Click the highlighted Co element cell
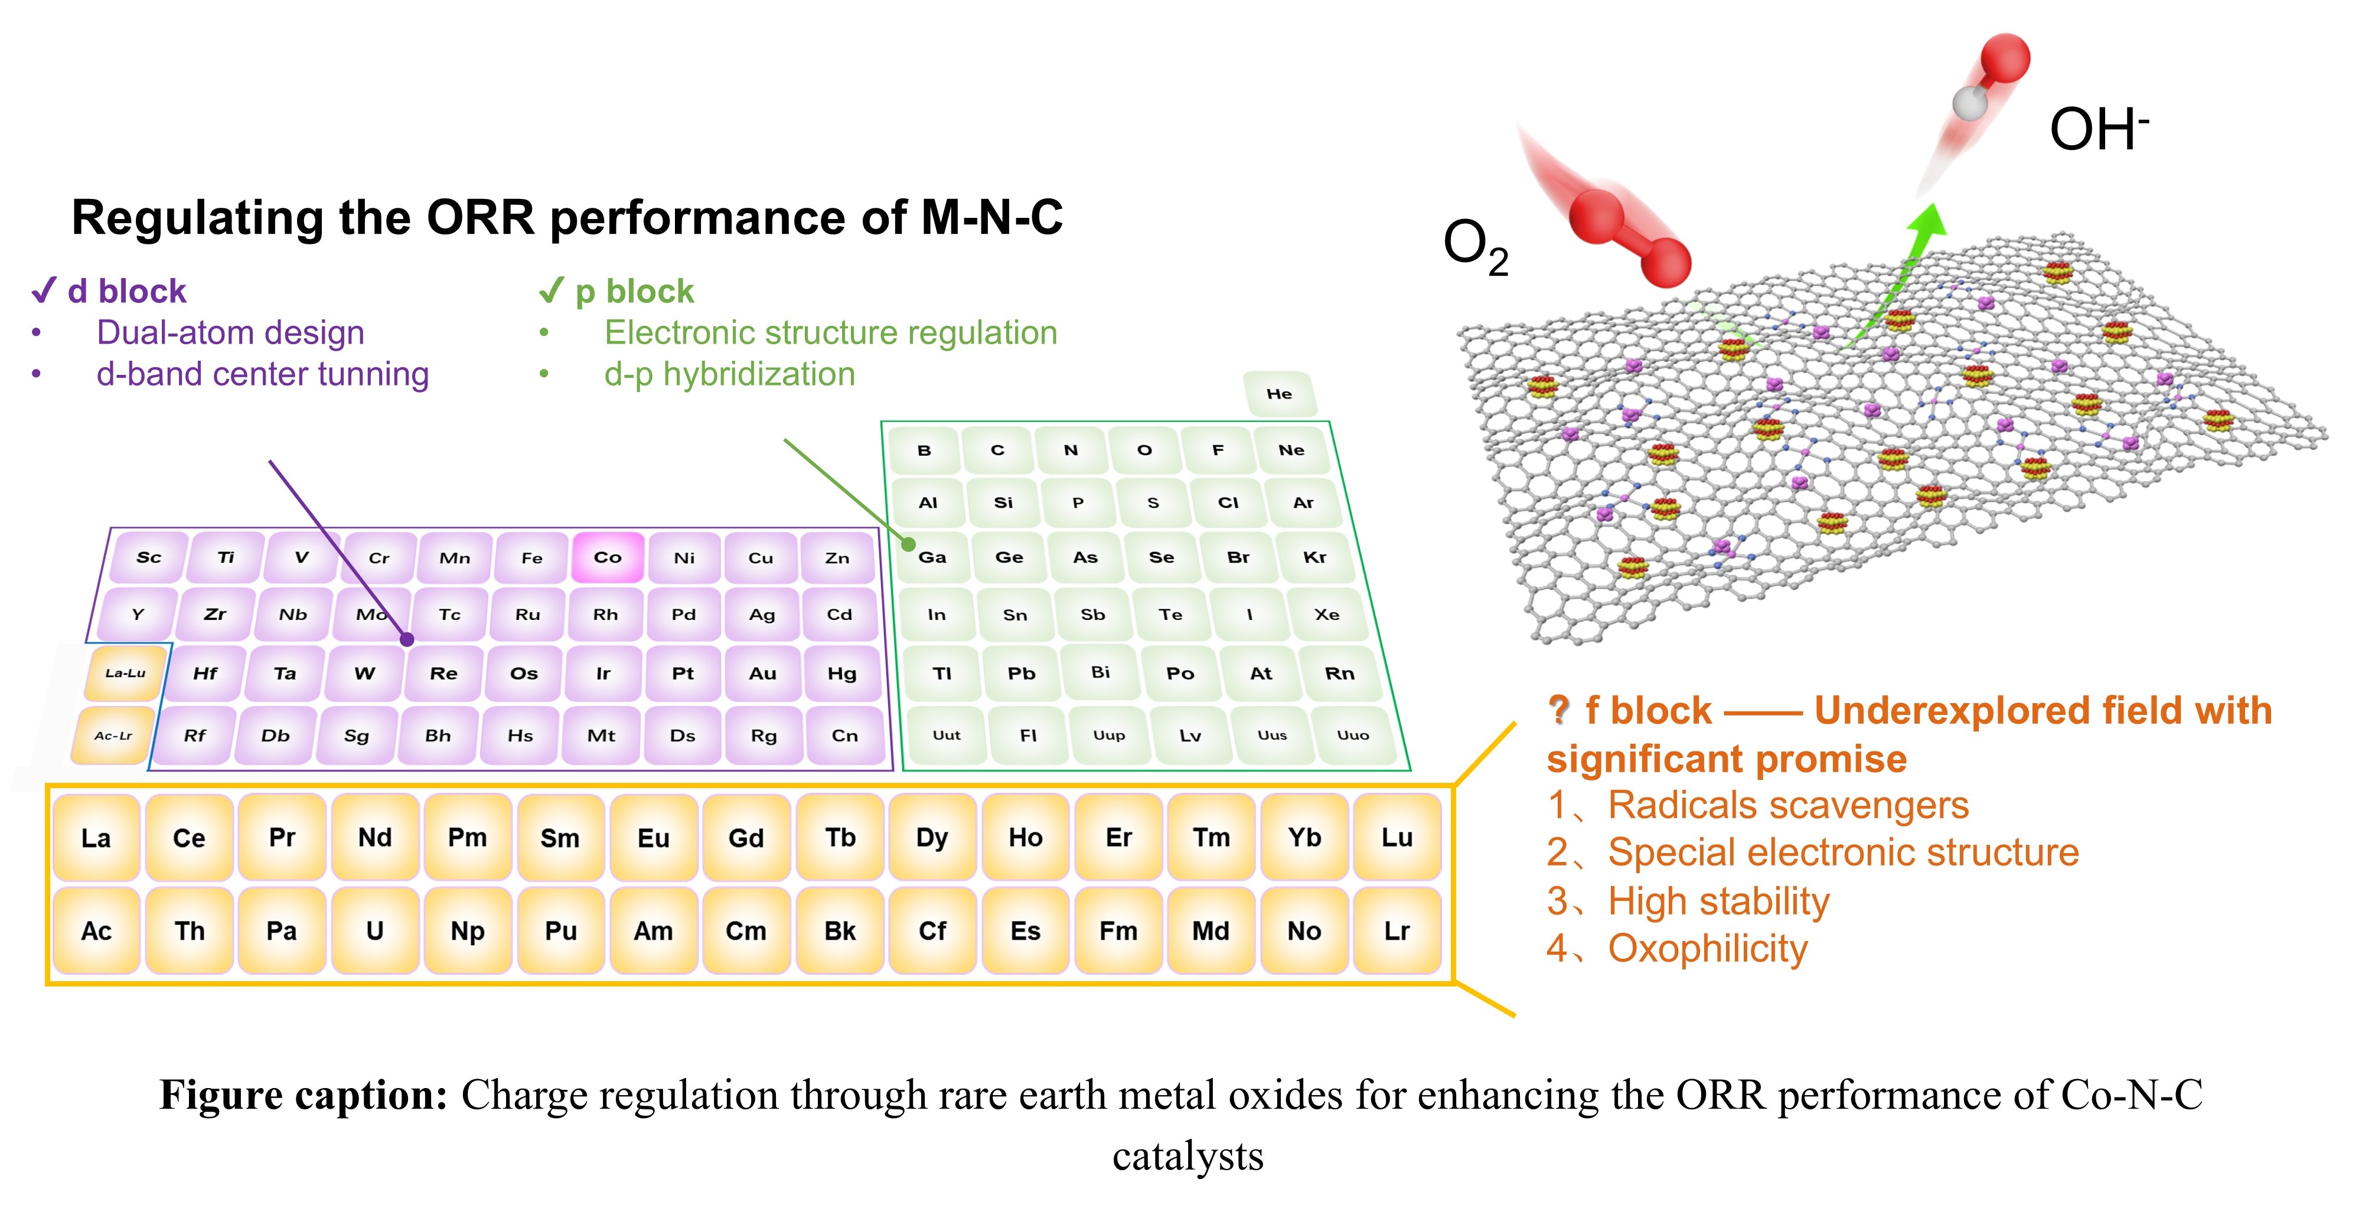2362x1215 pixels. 607,557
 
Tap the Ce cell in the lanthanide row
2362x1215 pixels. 189,837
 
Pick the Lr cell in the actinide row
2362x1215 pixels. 1397,931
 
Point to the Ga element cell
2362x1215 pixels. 932,557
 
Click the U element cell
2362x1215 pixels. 375,931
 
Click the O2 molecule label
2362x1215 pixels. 1475,246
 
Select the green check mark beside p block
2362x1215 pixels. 551,290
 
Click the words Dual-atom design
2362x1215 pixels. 230,332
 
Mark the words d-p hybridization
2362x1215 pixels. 729,374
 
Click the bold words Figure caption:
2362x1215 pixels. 304,1095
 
